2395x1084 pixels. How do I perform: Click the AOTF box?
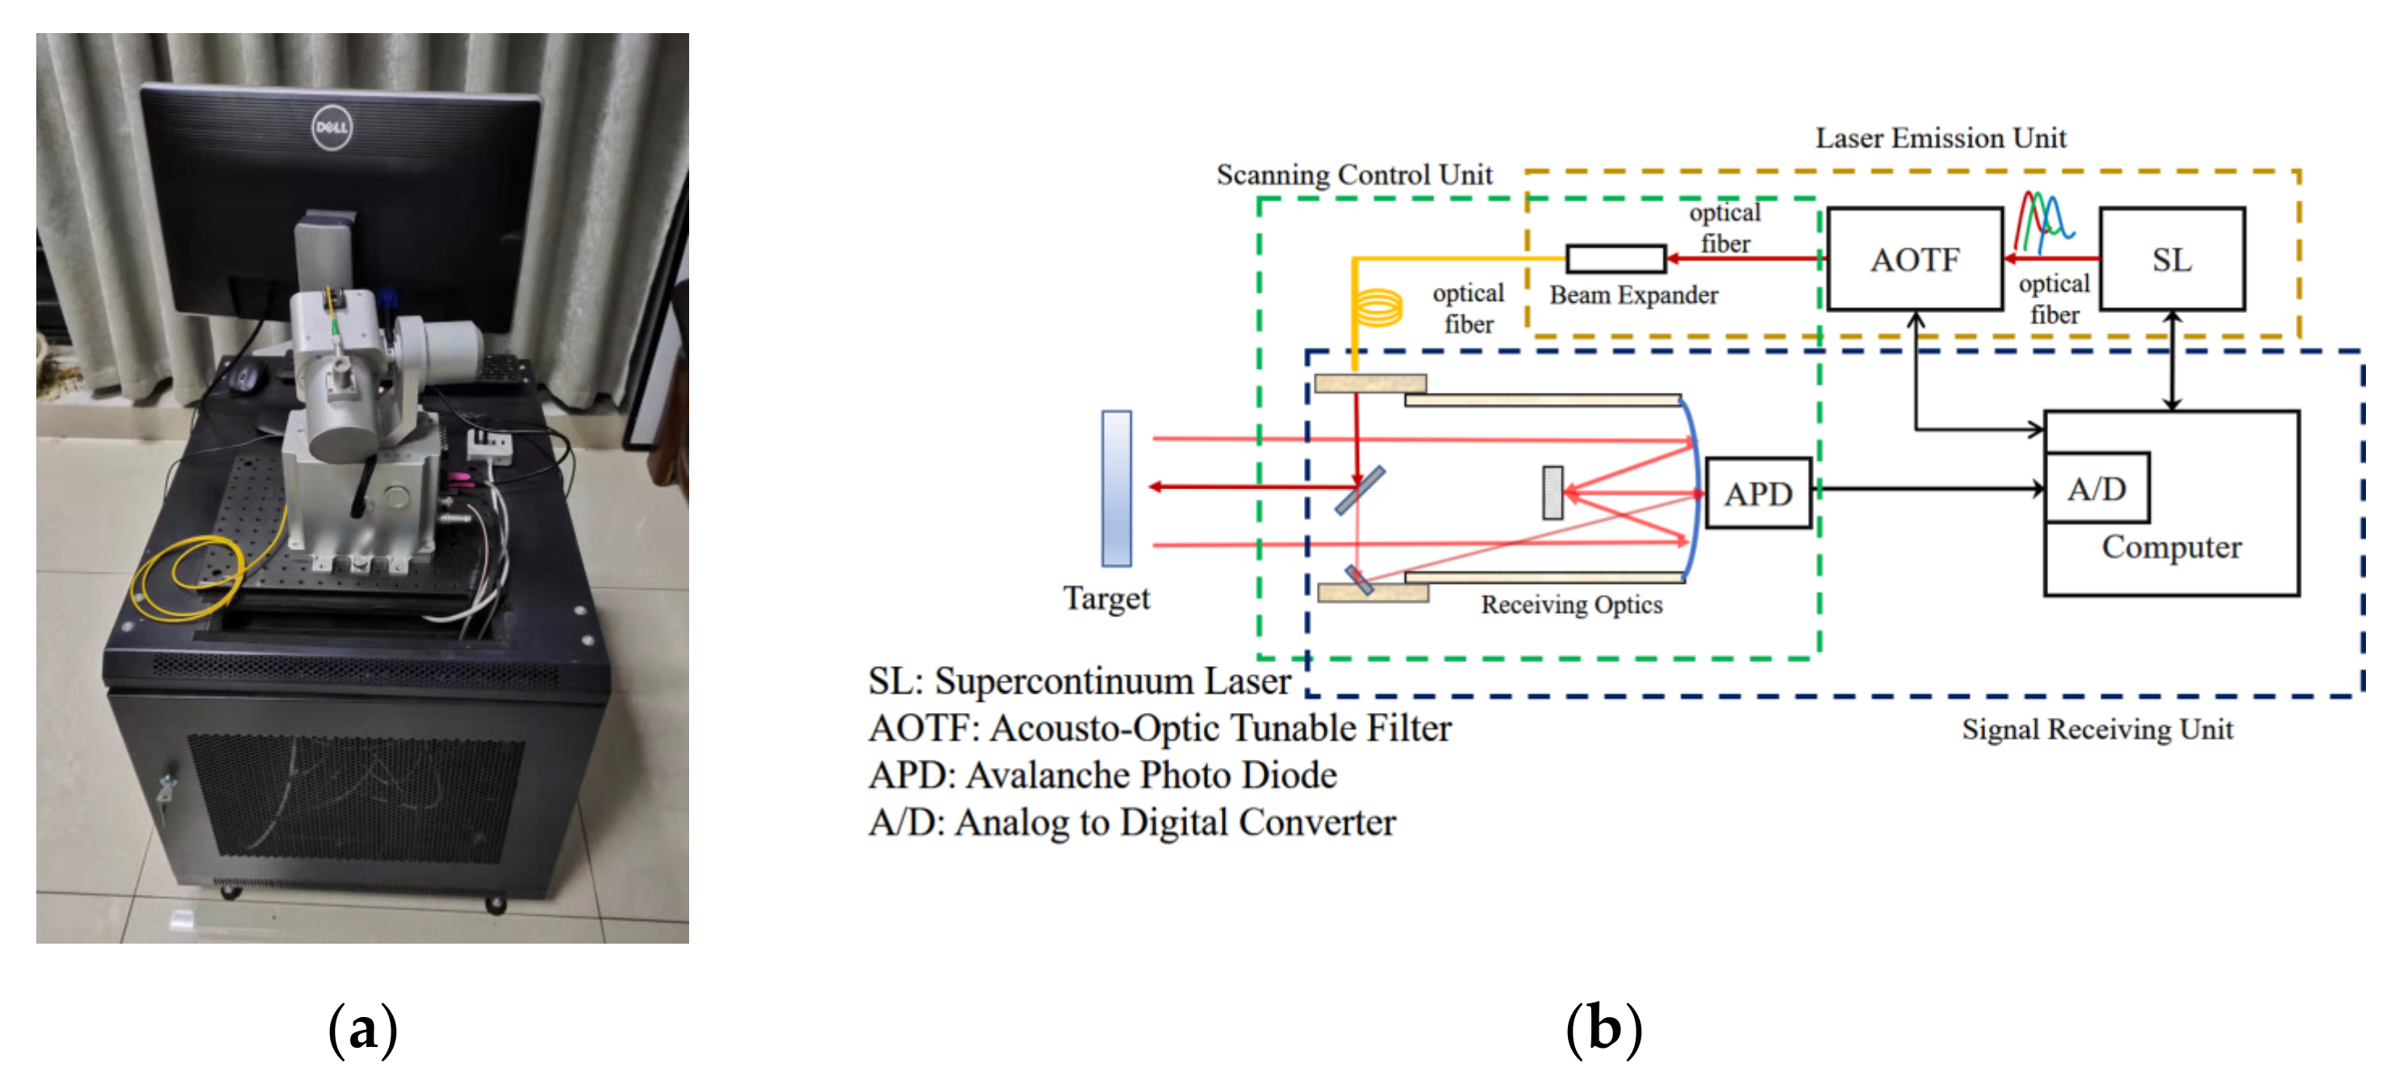(x=1914, y=260)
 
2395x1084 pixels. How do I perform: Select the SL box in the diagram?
(x=2171, y=260)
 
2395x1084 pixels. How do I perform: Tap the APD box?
(x=1758, y=494)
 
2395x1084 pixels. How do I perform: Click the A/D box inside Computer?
(x=2096, y=489)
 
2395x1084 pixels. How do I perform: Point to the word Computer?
(x=2171, y=547)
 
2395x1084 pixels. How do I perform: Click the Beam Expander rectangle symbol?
(x=1615, y=258)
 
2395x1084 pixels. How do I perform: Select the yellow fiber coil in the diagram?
(x=1377, y=306)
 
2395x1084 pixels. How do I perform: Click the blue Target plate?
(x=1116, y=488)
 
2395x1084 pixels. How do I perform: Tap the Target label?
(x=1106, y=598)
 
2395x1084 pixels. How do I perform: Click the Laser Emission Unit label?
(x=1941, y=139)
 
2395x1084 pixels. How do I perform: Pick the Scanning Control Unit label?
(x=1354, y=175)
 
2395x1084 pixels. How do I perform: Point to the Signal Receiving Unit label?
(x=2096, y=730)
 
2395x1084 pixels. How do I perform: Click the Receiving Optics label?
(x=1571, y=604)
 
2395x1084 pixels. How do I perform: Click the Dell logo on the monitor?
(x=331, y=127)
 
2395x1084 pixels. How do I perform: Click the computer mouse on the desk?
(x=244, y=377)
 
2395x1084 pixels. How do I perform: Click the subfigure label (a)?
(x=362, y=1029)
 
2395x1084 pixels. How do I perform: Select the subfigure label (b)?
(x=1604, y=1029)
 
